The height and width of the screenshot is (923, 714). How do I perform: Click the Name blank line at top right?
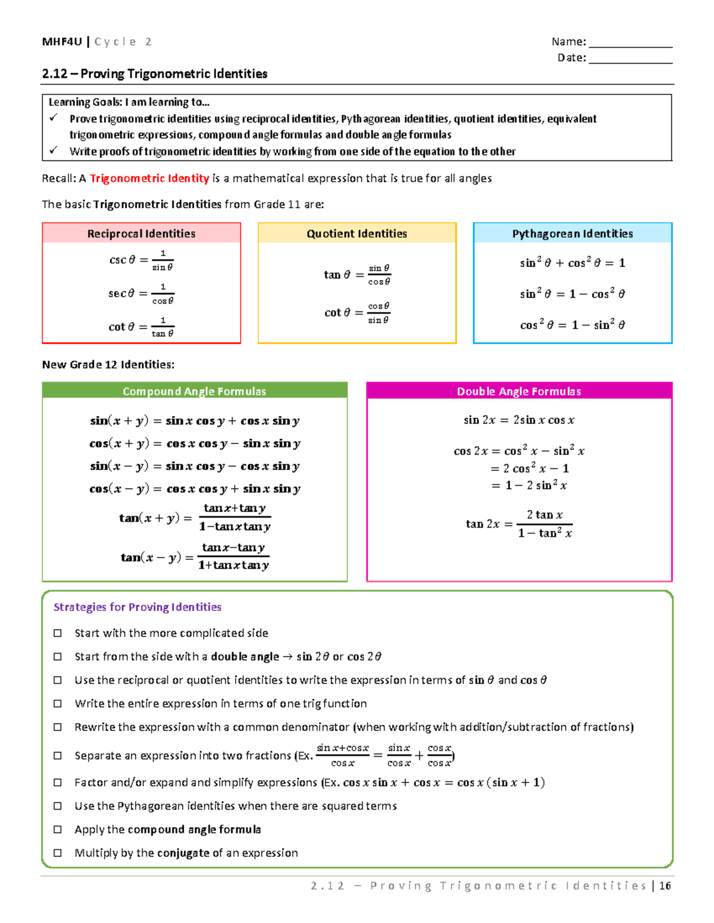click(x=630, y=46)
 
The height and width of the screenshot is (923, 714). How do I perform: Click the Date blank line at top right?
click(x=630, y=62)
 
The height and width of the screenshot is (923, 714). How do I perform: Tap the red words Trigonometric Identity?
click(x=149, y=178)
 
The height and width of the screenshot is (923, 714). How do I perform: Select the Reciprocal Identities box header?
click(x=142, y=234)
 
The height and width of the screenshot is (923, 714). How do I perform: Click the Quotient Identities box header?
click(x=357, y=234)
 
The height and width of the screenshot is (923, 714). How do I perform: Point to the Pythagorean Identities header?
click(x=572, y=234)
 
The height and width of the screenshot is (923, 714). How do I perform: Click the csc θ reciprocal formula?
click(x=142, y=260)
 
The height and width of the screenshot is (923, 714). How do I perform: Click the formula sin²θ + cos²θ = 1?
click(x=572, y=263)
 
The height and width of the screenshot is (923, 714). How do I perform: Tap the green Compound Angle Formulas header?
click(x=195, y=391)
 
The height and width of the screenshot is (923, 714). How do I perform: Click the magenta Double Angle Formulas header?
click(x=519, y=391)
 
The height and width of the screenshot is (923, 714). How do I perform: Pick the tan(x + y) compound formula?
click(x=195, y=517)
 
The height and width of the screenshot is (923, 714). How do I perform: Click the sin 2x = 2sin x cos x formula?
click(x=519, y=420)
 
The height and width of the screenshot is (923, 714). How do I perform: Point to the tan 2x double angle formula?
click(x=519, y=524)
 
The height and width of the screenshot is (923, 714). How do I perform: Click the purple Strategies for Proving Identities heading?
click(x=137, y=607)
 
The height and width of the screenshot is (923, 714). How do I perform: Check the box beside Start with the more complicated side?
click(x=58, y=633)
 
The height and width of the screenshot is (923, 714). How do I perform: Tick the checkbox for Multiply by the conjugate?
click(x=58, y=853)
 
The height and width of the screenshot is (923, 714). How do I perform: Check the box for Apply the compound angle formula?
click(x=58, y=829)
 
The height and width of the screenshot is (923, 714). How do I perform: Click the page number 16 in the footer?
click(x=665, y=886)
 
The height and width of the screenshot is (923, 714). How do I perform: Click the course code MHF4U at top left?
click(x=62, y=42)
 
